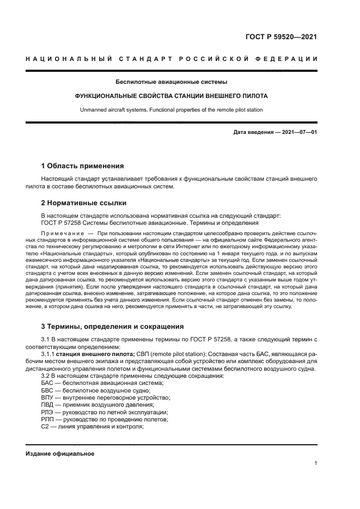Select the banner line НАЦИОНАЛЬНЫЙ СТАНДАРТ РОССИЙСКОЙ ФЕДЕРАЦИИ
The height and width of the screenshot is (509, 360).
pyautogui.click(x=172, y=59)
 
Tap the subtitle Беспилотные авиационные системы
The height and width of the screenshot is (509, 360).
pyautogui.click(x=171, y=82)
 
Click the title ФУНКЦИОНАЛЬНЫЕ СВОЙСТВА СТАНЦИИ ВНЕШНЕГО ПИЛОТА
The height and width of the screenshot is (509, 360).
pyautogui.click(x=171, y=96)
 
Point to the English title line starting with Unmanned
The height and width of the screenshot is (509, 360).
pyautogui.click(x=171, y=109)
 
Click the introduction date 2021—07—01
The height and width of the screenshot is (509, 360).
pyautogui.click(x=298, y=132)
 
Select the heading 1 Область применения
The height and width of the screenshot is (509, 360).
pyautogui.click(x=83, y=165)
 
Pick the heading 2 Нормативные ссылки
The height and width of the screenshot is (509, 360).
pyautogui.click(x=84, y=203)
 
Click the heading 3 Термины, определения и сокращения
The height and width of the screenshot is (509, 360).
pyautogui.click(x=112, y=326)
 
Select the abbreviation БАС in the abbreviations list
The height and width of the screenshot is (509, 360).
pyautogui.click(x=47, y=383)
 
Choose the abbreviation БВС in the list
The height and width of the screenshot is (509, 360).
pyautogui.click(x=47, y=390)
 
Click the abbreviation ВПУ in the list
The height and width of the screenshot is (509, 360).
pyautogui.click(x=48, y=397)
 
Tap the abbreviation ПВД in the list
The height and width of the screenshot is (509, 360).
pyautogui.click(x=48, y=404)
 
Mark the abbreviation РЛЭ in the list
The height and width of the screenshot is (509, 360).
pyautogui.click(x=47, y=412)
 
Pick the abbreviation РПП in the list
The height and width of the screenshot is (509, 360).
pyautogui.click(x=48, y=419)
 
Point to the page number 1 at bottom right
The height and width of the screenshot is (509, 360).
pyautogui.click(x=315, y=463)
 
